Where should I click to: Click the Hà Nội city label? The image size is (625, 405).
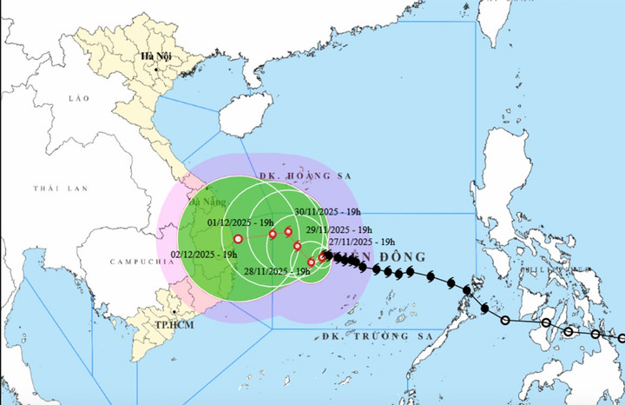coord(158,57)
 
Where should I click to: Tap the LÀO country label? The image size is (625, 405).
coord(79,99)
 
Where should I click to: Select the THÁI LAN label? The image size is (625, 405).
coord(56,189)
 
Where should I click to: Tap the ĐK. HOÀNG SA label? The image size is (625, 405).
coord(304,175)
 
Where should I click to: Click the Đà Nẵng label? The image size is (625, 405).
coord(207,203)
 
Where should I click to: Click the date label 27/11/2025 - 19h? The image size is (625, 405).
coord(364,241)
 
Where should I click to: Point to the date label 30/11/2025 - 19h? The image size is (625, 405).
coord(326,211)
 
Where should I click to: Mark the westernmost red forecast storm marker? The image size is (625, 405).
coord(238,239)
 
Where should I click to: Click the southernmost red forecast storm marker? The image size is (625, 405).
coord(312,262)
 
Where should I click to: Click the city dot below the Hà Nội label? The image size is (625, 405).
coord(157,68)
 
